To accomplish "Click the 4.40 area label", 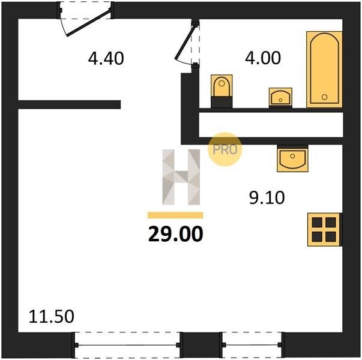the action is point(106,58).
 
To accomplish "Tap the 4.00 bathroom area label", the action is point(263,58).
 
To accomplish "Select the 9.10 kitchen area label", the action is point(267,197).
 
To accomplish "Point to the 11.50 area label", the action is point(51,316).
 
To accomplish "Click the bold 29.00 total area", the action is point(176,234).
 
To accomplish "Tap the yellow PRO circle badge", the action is point(225,149).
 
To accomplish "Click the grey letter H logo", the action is point(181,177).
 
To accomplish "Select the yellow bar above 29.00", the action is point(175,215).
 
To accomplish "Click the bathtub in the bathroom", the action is point(324,70).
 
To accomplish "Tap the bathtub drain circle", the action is point(324,97).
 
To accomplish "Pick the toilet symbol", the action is point(222,91).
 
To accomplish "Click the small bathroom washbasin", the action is point(280,98).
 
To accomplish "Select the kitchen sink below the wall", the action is point(292,158).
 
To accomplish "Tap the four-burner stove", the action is point(324,230).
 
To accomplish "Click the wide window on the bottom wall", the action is point(127,345).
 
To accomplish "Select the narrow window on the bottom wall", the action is point(252,345).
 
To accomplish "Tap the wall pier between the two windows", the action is point(201,345).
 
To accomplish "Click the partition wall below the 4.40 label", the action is point(69,104).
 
